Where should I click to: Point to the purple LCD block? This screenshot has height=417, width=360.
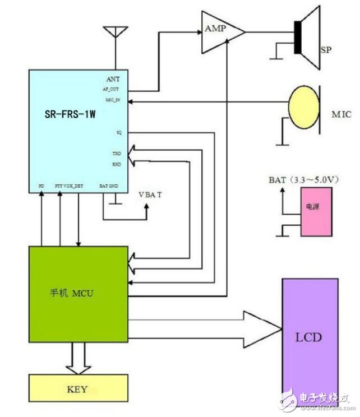click(310, 339)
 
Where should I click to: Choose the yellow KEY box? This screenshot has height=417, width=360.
click(77, 388)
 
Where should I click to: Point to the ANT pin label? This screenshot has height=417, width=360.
click(113, 79)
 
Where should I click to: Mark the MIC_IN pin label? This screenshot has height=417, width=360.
click(112, 100)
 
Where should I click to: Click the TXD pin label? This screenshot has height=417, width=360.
click(116, 153)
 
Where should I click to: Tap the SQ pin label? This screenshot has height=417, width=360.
click(118, 133)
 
